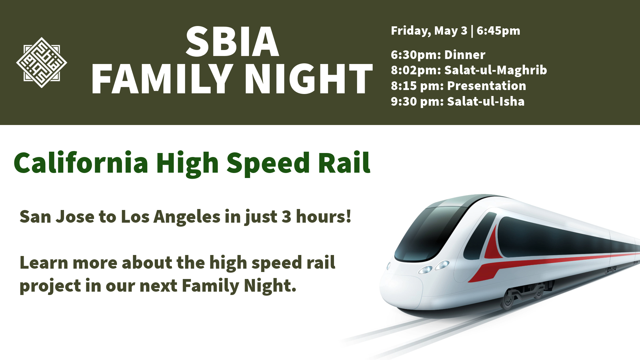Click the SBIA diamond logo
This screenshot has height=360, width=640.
pos(42,62)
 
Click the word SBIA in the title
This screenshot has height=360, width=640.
pos(232,42)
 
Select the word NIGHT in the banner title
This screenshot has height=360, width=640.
pos(311,79)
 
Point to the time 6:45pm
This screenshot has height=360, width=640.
pos(498,31)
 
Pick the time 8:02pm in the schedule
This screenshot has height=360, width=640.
pos(416,70)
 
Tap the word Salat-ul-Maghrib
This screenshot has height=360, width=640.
pos(496,70)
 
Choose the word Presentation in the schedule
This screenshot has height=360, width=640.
pos(486,86)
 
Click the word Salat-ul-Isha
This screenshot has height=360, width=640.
pos(486,101)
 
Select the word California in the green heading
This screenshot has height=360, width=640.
pos(81,163)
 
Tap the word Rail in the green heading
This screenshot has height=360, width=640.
pos(344,163)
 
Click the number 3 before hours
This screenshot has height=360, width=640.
pos(286,217)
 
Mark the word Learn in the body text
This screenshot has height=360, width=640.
pos(44,263)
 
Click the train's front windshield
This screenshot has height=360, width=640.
pos(430,233)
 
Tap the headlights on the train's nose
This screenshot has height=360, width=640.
pos(433,267)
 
